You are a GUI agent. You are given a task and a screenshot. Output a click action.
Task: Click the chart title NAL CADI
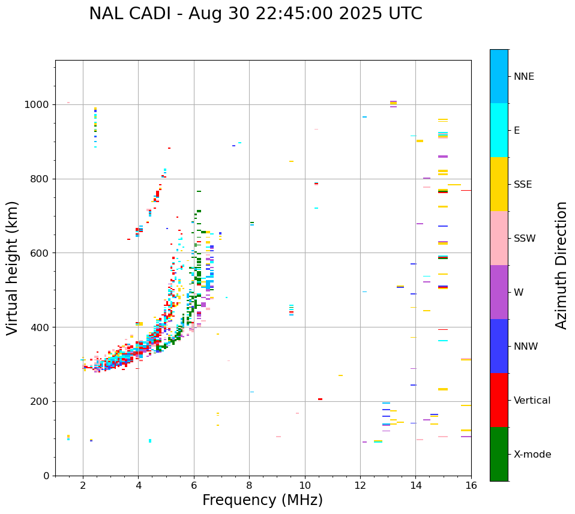255,14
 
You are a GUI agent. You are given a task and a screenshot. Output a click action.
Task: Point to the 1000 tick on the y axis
38,105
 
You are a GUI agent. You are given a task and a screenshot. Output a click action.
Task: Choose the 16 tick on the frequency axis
471,485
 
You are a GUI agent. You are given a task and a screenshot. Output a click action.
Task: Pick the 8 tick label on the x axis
249,485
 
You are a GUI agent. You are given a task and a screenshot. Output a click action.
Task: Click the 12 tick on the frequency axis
360,485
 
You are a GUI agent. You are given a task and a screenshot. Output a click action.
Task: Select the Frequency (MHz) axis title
262,501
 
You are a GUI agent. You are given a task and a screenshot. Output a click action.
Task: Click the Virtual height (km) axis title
13,267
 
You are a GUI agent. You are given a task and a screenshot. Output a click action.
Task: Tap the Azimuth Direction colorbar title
561,265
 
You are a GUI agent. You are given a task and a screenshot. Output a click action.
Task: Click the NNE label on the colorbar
523,77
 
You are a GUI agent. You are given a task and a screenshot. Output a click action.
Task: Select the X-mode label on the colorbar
532,455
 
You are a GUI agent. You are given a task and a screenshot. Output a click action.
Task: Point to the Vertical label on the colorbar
532,401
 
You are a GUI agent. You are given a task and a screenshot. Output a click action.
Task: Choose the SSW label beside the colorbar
525,239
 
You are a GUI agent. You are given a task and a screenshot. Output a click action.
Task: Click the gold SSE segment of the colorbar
499,184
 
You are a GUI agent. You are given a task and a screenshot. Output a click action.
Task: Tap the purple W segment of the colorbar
499,292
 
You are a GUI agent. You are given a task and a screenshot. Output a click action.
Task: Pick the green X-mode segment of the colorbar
499,454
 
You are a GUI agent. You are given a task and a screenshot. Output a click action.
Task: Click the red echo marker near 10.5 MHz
320,399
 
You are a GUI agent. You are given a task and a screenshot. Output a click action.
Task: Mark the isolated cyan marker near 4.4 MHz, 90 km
150,441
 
